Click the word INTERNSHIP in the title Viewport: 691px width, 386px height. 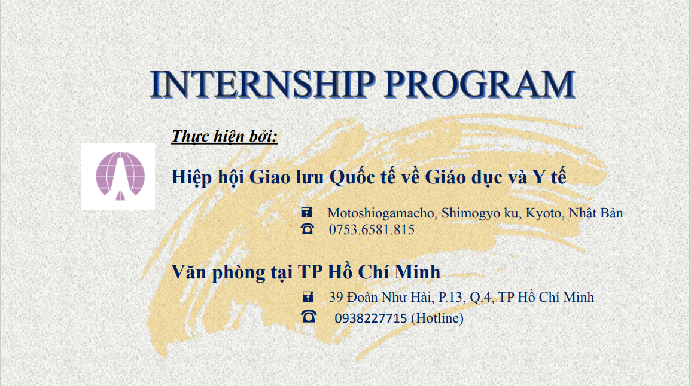(x=263, y=84)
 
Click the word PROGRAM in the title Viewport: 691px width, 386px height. (x=480, y=84)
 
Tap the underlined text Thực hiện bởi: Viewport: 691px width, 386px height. (x=224, y=136)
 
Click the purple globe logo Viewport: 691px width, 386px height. (x=120, y=176)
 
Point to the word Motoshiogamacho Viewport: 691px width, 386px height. (x=382, y=213)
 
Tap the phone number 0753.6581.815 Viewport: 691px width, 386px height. (x=372, y=230)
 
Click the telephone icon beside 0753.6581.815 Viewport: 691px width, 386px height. (x=307, y=229)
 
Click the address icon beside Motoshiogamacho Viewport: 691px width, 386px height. (x=307, y=213)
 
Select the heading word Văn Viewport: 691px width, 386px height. (x=188, y=272)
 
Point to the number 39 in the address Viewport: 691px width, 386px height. (x=336, y=298)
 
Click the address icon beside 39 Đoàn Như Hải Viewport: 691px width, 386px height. (x=308, y=296)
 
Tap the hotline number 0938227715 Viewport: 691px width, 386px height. (x=370, y=318)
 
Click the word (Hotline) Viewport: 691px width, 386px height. (x=437, y=318)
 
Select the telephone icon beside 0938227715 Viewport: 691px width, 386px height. (x=309, y=316)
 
